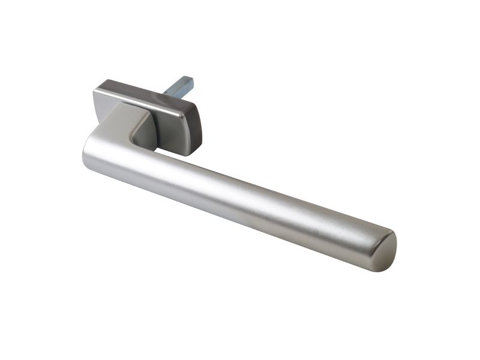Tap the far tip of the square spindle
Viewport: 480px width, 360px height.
pyautogui.click(x=188, y=79)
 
